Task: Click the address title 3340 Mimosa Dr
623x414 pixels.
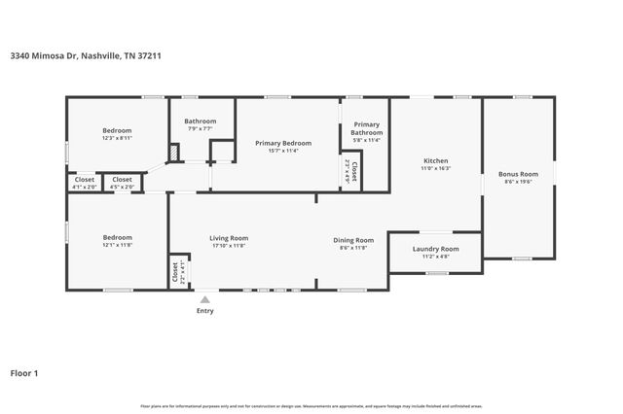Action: tap(87, 55)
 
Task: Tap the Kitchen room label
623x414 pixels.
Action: tap(435, 160)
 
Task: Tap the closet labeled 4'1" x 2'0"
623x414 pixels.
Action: tap(85, 182)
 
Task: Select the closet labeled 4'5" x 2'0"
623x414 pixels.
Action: tap(122, 182)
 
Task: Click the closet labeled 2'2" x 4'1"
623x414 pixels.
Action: tap(178, 273)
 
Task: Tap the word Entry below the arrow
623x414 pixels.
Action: tap(204, 311)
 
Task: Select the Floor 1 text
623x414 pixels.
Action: tap(24, 372)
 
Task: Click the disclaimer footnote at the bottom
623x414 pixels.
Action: tap(311, 405)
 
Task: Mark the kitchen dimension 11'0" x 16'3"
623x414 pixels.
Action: tap(435, 169)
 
